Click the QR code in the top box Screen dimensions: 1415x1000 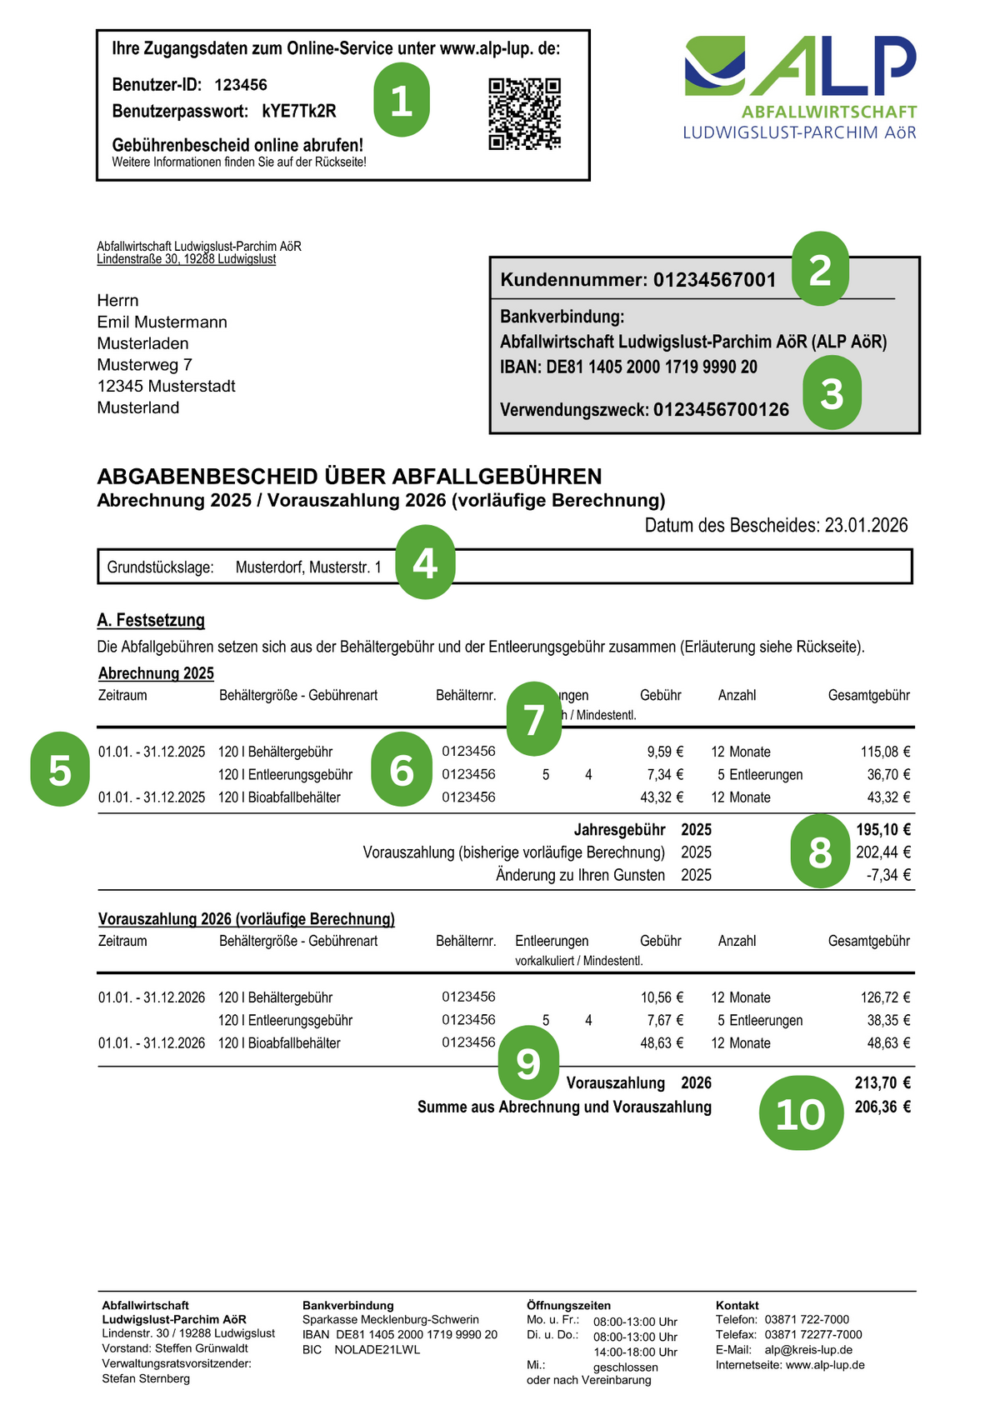tap(524, 113)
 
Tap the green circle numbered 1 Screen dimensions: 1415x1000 tap(402, 100)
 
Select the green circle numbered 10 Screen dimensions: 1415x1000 tap(801, 1114)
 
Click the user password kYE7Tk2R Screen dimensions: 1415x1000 tap(299, 112)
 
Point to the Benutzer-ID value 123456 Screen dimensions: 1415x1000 tap(241, 85)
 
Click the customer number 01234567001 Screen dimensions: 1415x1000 tap(714, 280)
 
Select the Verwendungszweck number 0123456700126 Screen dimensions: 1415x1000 tap(721, 409)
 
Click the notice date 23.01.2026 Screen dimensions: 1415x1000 tap(866, 526)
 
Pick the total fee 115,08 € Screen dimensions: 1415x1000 tap(885, 752)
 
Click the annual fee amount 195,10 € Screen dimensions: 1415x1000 tap(883, 829)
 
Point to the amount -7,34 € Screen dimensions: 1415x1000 tap(888, 875)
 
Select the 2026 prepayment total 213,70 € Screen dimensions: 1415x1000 tap(882, 1082)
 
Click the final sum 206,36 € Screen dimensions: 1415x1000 tap(882, 1107)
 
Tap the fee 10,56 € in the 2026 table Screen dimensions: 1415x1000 tap(662, 997)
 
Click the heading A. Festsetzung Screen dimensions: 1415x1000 tap(151, 620)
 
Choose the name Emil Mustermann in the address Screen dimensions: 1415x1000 tap(162, 322)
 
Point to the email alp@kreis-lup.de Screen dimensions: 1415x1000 tap(808, 1350)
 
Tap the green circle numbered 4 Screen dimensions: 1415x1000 tap(425, 562)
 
